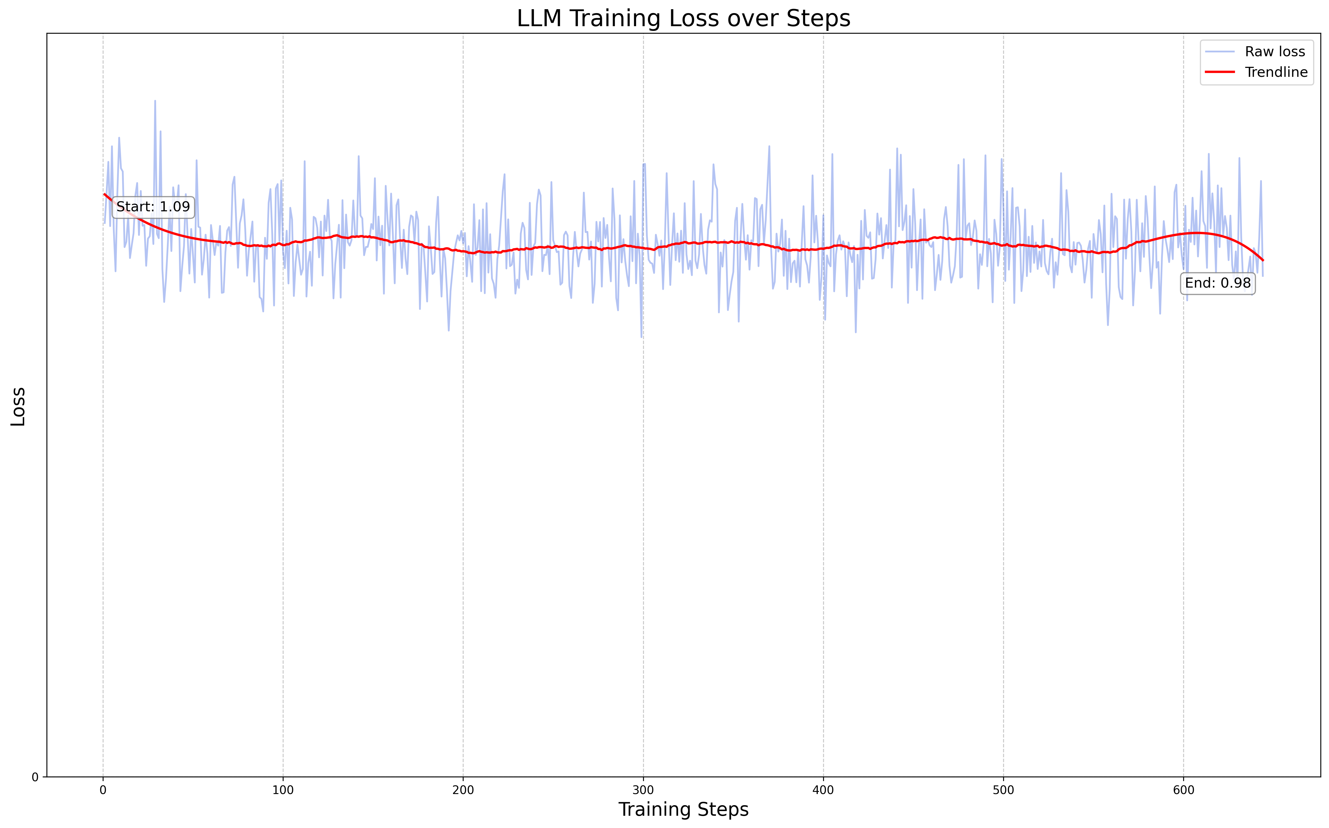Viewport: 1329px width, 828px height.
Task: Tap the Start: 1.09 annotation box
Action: tap(153, 207)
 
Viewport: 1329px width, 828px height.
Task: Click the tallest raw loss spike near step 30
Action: tap(155, 101)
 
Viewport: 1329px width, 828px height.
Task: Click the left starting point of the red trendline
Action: tap(104, 194)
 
